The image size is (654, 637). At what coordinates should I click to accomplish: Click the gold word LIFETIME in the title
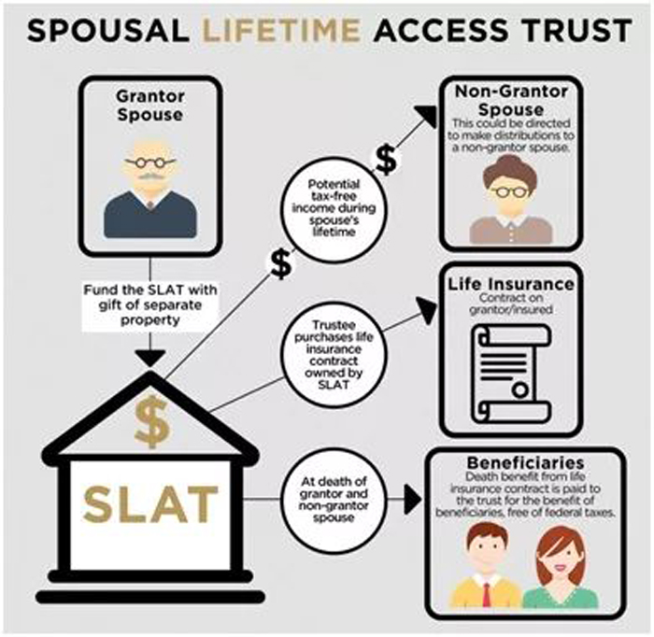click(281, 31)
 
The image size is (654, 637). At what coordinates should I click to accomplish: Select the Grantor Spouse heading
click(150, 106)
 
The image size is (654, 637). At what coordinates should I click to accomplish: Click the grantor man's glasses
click(150, 163)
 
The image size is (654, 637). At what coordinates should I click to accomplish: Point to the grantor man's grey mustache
click(150, 177)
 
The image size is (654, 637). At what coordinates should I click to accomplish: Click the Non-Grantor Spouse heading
click(511, 101)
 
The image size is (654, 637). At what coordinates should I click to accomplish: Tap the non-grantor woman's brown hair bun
click(510, 163)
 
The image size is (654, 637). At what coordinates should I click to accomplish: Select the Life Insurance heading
click(511, 284)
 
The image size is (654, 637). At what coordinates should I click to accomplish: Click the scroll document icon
click(511, 373)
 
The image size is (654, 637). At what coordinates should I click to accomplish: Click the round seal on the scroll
click(520, 390)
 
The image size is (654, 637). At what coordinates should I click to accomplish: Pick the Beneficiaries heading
click(525, 463)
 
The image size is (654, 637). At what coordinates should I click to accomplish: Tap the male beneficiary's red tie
click(487, 594)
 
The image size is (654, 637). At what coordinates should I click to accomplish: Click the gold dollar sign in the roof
click(151, 421)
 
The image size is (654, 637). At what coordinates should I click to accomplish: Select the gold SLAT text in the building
click(150, 504)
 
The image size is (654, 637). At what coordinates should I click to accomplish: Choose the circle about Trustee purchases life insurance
click(334, 355)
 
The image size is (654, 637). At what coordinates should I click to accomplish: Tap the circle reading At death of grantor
click(334, 500)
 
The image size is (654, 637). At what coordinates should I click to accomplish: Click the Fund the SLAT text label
click(150, 304)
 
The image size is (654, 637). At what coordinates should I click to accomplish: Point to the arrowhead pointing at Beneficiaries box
click(413, 500)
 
